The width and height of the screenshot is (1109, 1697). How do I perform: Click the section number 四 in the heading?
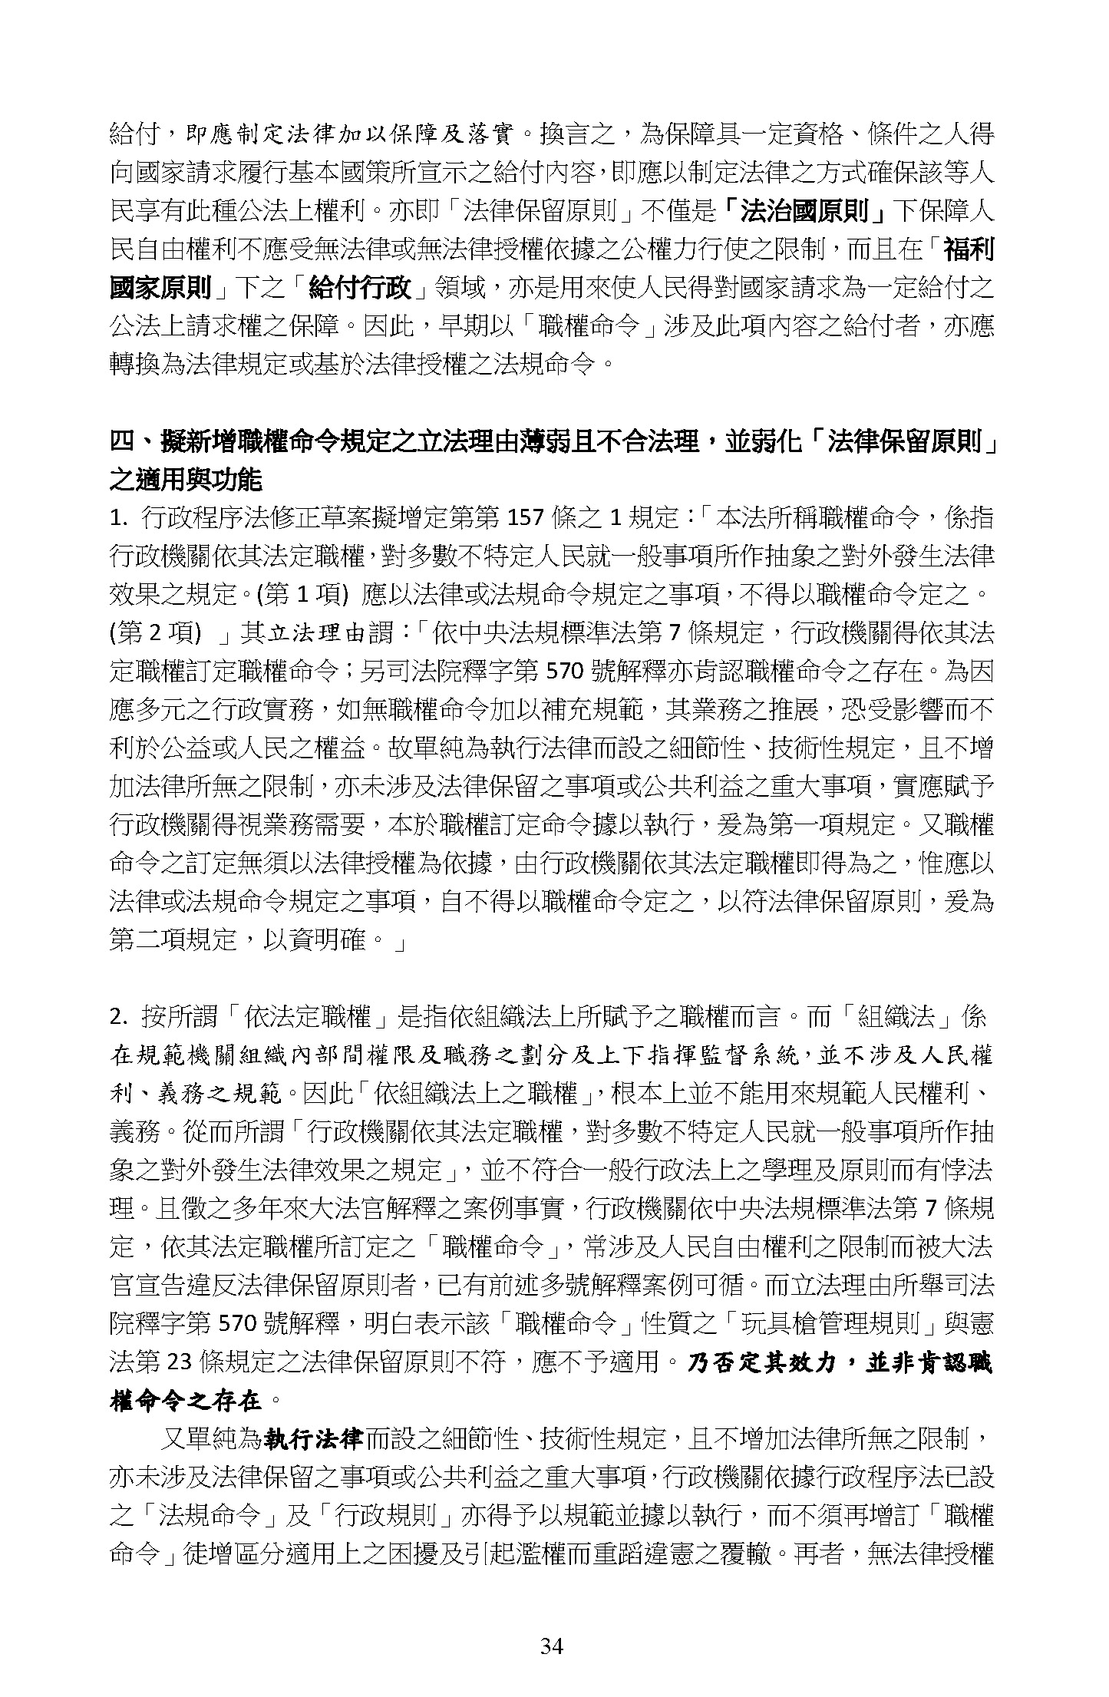[124, 442]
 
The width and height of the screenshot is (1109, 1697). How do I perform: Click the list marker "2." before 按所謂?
[119, 1019]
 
